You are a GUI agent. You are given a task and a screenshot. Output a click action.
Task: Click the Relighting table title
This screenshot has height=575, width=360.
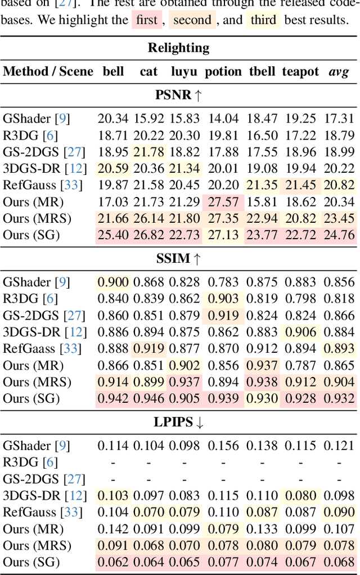(178, 48)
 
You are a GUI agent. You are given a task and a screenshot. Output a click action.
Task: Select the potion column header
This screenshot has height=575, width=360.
(223, 71)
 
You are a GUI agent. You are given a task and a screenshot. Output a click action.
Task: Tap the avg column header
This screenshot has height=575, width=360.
(339, 71)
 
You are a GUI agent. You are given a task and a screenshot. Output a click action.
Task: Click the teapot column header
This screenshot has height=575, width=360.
(300, 71)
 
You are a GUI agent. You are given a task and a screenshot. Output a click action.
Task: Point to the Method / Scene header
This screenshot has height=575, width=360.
(48, 71)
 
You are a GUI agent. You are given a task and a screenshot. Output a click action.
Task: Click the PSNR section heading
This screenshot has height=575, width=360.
(178, 95)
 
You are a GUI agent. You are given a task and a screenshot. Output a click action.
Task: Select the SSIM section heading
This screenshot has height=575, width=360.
(178, 259)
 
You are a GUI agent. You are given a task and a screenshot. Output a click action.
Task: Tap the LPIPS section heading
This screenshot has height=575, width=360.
(178, 423)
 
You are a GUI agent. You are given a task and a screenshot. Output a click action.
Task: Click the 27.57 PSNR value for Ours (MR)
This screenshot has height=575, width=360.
(223, 202)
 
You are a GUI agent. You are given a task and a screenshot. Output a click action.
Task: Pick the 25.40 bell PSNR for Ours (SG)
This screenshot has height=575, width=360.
(113, 235)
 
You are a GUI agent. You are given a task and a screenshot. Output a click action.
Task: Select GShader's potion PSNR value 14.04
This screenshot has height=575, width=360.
(223, 119)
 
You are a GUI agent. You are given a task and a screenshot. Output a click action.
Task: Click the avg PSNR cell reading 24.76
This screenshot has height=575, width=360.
(339, 235)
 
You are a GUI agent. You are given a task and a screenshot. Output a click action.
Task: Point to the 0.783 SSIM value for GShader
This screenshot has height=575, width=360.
(223, 282)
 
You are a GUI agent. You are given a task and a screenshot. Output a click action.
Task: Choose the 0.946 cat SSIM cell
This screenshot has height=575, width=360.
(148, 399)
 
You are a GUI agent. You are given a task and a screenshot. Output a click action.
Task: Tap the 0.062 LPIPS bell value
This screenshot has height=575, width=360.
(113, 562)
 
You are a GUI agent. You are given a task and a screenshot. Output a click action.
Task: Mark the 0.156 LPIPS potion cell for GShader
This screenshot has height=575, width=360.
(223, 446)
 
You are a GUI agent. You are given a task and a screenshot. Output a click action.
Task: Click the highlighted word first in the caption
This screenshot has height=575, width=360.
(147, 21)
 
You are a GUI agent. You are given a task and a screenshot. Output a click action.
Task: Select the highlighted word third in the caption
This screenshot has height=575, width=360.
(263, 21)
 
